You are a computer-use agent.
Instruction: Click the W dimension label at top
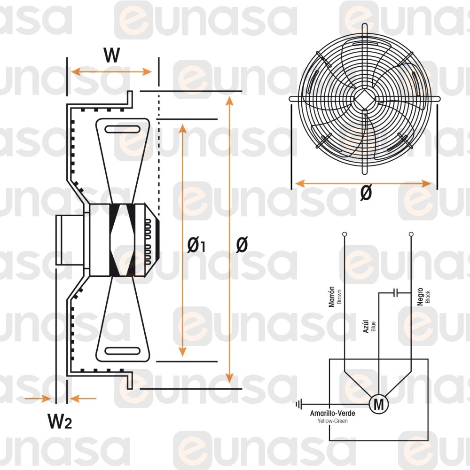pos(112,55)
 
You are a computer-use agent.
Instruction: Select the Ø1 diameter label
pos(196,245)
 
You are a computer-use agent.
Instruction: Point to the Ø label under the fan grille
pos(366,192)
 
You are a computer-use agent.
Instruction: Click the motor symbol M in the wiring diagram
pos(378,404)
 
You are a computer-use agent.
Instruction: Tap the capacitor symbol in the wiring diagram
pos(396,293)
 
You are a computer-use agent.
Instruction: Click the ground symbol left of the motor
pos(298,405)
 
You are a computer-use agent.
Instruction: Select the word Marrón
pos(331,297)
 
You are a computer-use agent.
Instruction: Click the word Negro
pos(420,297)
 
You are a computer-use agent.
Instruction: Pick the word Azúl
pos(366,326)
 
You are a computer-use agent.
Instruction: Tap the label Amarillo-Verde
pos(332,413)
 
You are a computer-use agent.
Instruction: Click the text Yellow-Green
pos(332,421)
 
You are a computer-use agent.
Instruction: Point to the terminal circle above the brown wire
pos(345,234)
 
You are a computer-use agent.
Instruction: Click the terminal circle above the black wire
pos(411,234)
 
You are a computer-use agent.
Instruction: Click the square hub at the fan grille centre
pos(365,99)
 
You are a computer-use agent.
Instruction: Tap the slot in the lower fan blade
pos(122,351)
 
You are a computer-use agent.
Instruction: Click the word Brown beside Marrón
pos(339,297)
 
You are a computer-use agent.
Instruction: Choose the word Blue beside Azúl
pos(373,327)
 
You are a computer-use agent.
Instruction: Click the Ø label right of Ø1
pos(242,244)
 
